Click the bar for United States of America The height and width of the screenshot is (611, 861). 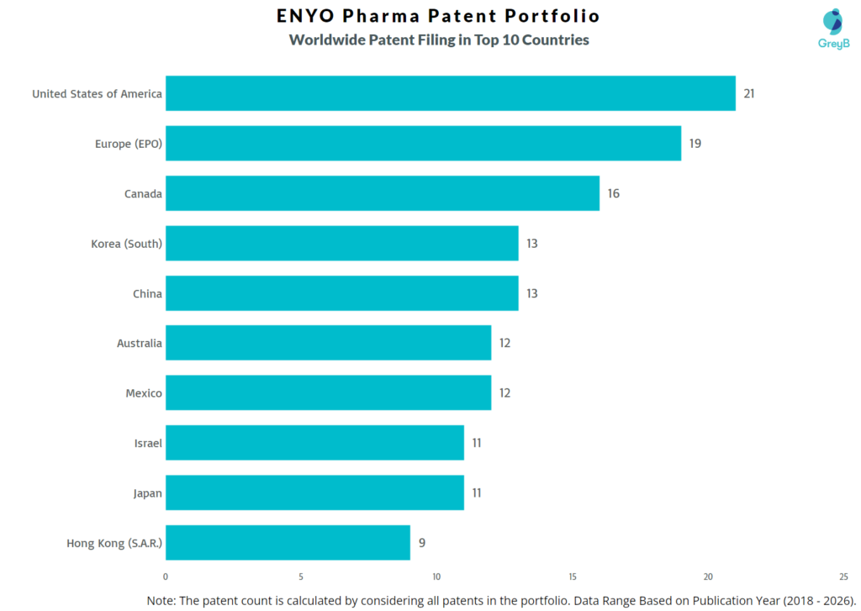click(x=450, y=93)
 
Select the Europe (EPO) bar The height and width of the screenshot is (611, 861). click(x=423, y=144)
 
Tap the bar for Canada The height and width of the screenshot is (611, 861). click(x=382, y=193)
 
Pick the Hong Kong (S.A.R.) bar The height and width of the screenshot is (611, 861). click(x=288, y=543)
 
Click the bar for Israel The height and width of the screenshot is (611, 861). click(x=314, y=443)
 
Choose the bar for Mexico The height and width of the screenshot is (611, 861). click(x=328, y=393)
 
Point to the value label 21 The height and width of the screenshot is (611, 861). click(x=748, y=93)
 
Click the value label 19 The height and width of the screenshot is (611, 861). click(x=695, y=144)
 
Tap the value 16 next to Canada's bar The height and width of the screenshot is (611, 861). click(x=614, y=193)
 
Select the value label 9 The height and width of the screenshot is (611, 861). click(x=422, y=543)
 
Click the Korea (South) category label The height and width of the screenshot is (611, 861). click(x=126, y=244)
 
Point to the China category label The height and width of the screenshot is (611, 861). click(x=146, y=293)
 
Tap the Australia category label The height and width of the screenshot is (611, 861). click(x=139, y=343)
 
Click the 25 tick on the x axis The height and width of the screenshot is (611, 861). click(x=843, y=577)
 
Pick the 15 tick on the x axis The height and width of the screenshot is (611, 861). click(x=573, y=577)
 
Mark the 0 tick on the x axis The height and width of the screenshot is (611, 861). click(x=166, y=577)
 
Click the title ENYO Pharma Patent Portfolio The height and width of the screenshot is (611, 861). click(x=438, y=16)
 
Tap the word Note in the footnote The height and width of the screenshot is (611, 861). click(x=162, y=600)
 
